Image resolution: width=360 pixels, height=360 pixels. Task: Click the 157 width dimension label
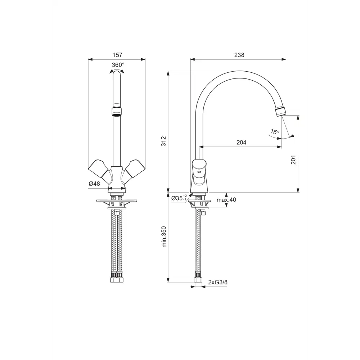[x=117, y=55]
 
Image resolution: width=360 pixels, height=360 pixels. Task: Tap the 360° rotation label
[x=118, y=65]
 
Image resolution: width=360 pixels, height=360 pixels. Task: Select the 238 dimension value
[x=239, y=55]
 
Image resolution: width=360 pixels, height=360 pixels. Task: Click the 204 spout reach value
[x=241, y=143]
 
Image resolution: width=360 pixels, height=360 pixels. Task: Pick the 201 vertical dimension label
[x=293, y=159]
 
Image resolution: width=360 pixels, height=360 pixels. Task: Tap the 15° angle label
[x=275, y=132]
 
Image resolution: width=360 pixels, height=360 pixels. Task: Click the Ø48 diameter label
[x=94, y=184]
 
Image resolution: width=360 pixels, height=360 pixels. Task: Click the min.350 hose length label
[x=163, y=237]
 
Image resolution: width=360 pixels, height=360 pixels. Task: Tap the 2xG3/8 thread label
[x=218, y=282]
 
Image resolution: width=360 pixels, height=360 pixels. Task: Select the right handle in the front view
[x=134, y=167]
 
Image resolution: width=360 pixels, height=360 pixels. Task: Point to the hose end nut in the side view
[x=197, y=280]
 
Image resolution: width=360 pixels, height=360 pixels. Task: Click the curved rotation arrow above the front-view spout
[x=117, y=71]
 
